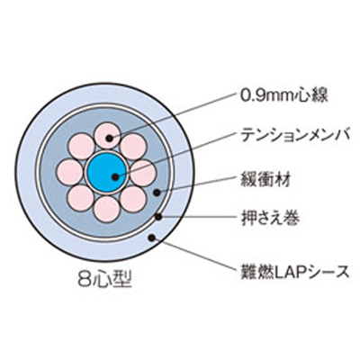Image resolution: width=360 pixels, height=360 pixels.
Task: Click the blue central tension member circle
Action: (107, 172)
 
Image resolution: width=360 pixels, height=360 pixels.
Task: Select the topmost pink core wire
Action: (108, 137)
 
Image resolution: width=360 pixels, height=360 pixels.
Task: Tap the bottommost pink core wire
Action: (107, 208)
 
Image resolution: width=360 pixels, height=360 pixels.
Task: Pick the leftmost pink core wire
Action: (72, 172)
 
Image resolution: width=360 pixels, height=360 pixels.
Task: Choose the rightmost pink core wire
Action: (142, 172)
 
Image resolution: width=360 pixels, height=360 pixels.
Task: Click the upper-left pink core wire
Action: (83, 147)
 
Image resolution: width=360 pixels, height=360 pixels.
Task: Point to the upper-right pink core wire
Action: (132, 147)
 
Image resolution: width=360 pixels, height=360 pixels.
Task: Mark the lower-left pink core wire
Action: (83, 197)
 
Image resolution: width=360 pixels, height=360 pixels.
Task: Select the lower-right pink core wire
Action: (132, 197)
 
